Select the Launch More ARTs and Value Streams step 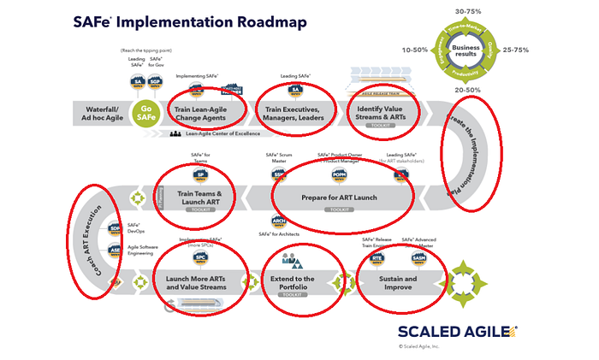tap(199, 283)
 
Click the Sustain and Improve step tap(398, 283)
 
